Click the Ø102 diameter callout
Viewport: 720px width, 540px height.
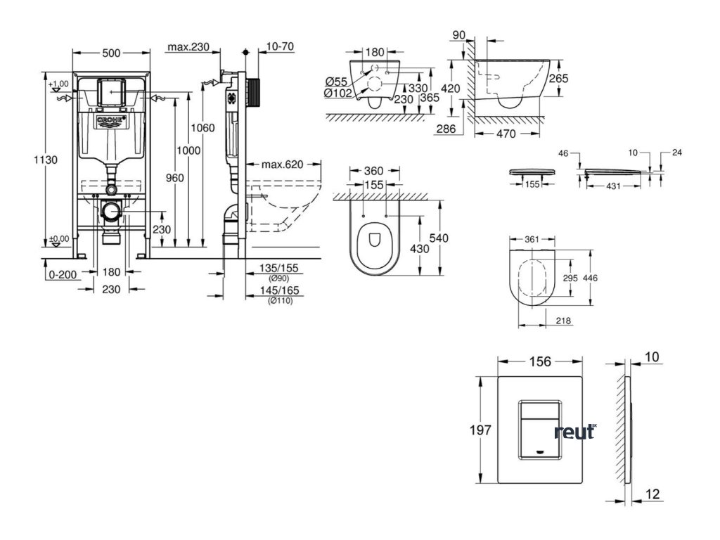click(338, 93)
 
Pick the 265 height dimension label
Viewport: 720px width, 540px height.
click(558, 79)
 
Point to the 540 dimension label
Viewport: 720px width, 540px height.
click(439, 238)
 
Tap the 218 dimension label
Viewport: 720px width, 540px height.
click(562, 321)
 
